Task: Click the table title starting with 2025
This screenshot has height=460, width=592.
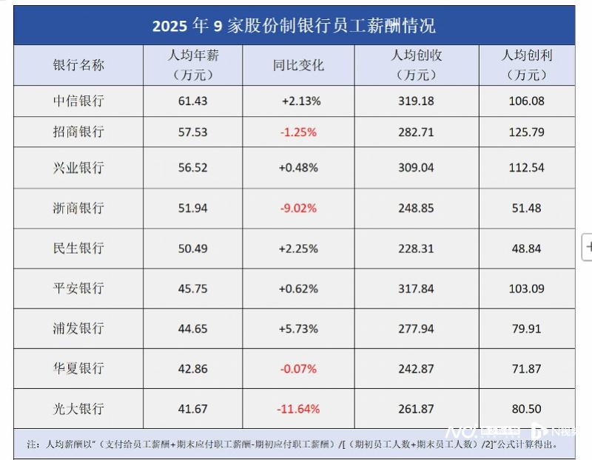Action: pyautogui.click(x=294, y=26)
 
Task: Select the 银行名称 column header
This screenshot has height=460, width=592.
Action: pyautogui.click(x=78, y=65)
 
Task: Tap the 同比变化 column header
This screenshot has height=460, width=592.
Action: pyautogui.click(x=298, y=65)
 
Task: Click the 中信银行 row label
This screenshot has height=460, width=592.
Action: pyautogui.click(x=78, y=101)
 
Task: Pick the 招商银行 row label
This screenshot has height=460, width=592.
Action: pyautogui.click(x=78, y=132)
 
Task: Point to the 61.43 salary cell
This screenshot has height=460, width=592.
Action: pyautogui.click(x=193, y=101)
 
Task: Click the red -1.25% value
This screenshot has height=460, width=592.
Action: pyautogui.click(x=298, y=132)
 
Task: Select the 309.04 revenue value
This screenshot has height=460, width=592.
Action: pyautogui.click(x=416, y=168)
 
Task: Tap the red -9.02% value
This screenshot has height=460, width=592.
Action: pyautogui.click(x=298, y=209)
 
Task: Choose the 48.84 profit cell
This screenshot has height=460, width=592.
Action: pyautogui.click(x=526, y=248)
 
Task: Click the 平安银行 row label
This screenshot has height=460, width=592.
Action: pyautogui.click(x=78, y=288)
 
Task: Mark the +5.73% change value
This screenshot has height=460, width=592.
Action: pyautogui.click(x=298, y=328)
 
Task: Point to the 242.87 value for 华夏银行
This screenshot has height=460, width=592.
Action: pyautogui.click(x=416, y=368)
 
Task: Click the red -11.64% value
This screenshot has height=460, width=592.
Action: pyautogui.click(x=298, y=409)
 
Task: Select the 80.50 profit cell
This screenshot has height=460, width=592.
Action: pyautogui.click(x=526, y=409)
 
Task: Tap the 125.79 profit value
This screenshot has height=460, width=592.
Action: pyautogui.click(x=526, y=132)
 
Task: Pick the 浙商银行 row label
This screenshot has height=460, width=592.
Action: pyautogui.click(x=78, y=209)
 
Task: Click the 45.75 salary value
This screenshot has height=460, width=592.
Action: pyautogui.click(x=193, y=288)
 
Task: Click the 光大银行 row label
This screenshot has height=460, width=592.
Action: pyautogui.click(x=78, y=409)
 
